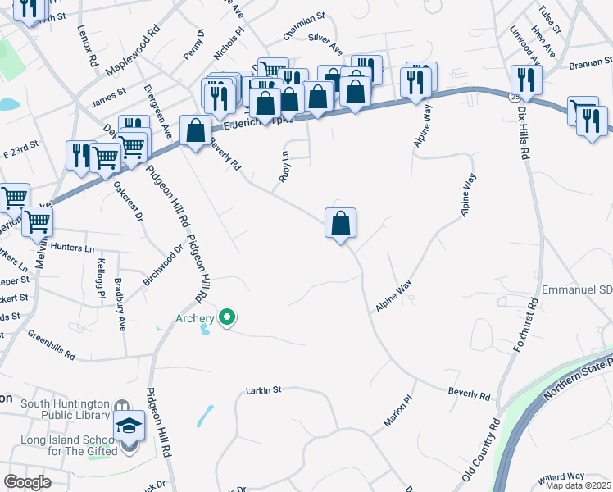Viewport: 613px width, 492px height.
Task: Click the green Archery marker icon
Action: coord(228,317)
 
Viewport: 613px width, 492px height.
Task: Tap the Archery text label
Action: coord(193,318)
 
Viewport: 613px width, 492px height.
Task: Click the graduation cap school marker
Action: coord(129,426)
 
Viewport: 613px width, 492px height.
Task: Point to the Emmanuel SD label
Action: coord(577,291)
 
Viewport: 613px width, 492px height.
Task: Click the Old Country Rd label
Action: coord(481,452)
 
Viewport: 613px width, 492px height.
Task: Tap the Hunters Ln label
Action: coord(72,247)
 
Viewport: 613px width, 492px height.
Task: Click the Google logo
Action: coord(27,481)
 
